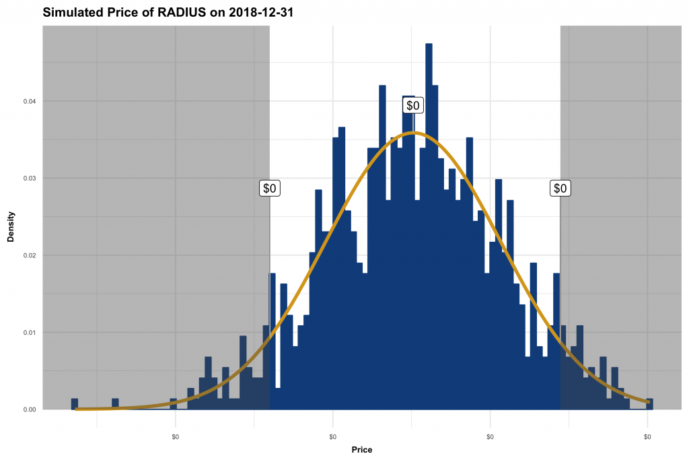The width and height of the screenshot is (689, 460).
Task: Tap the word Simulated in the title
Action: pos(72,12)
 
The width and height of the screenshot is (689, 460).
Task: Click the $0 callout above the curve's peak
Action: pos(413,105)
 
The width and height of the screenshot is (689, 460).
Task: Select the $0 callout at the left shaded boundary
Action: pos(270,188)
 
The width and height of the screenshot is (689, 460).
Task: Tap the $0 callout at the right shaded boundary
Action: pos(560,188)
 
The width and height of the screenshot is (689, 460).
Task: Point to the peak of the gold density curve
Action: pos(415,133)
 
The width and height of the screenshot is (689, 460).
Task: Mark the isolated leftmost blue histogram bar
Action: pos(75,403)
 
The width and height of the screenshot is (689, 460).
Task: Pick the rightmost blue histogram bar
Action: pos(649,403)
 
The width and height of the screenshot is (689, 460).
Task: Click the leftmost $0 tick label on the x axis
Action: pos(176,437)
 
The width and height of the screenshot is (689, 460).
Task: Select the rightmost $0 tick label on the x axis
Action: pos(647,437)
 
